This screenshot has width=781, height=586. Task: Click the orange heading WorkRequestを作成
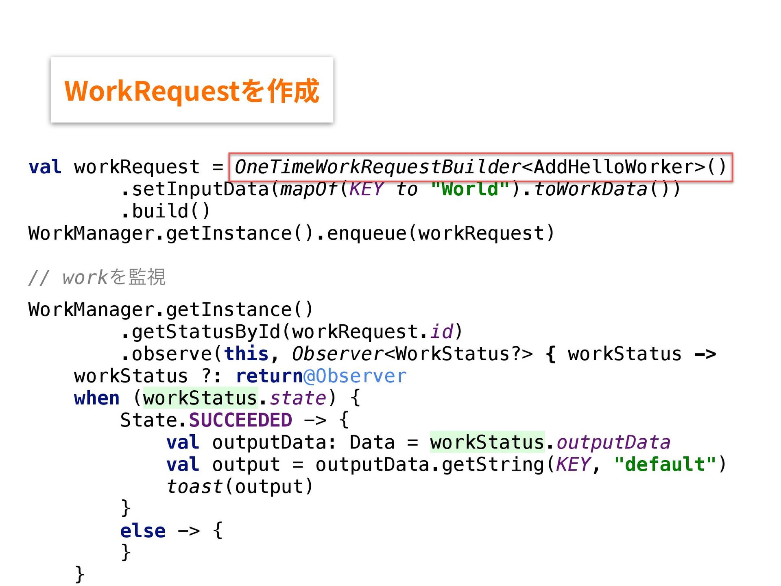[x=192, y=91]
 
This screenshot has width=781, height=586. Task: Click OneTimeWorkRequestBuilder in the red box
[x=377, y=167]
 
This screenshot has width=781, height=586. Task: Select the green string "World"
[x=470, y=189]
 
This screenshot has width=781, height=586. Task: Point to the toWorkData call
[x=590, y=189]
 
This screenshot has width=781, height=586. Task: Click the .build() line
[x=166, y=211]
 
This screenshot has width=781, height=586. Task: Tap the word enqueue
[x=367, y=234]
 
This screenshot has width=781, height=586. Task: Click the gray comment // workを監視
[x=97, y=278]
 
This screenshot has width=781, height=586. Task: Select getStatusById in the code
[x=206, y=332]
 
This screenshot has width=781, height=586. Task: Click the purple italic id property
[x=442, y=332]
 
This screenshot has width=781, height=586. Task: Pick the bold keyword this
[x=246, y=354]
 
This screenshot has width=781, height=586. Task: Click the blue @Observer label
[x=355, y=376]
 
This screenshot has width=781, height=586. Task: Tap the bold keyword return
[x=269, y=376]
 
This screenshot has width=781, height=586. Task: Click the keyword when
[x=97, y=398]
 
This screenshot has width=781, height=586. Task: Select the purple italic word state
[x=298, y=398]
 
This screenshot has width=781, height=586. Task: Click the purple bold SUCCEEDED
[x=240, y=420]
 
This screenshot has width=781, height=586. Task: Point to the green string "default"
[x=665, y=464]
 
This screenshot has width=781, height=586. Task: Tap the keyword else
[x=143, y=531]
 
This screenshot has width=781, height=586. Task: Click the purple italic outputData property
[x=613, y=442]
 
